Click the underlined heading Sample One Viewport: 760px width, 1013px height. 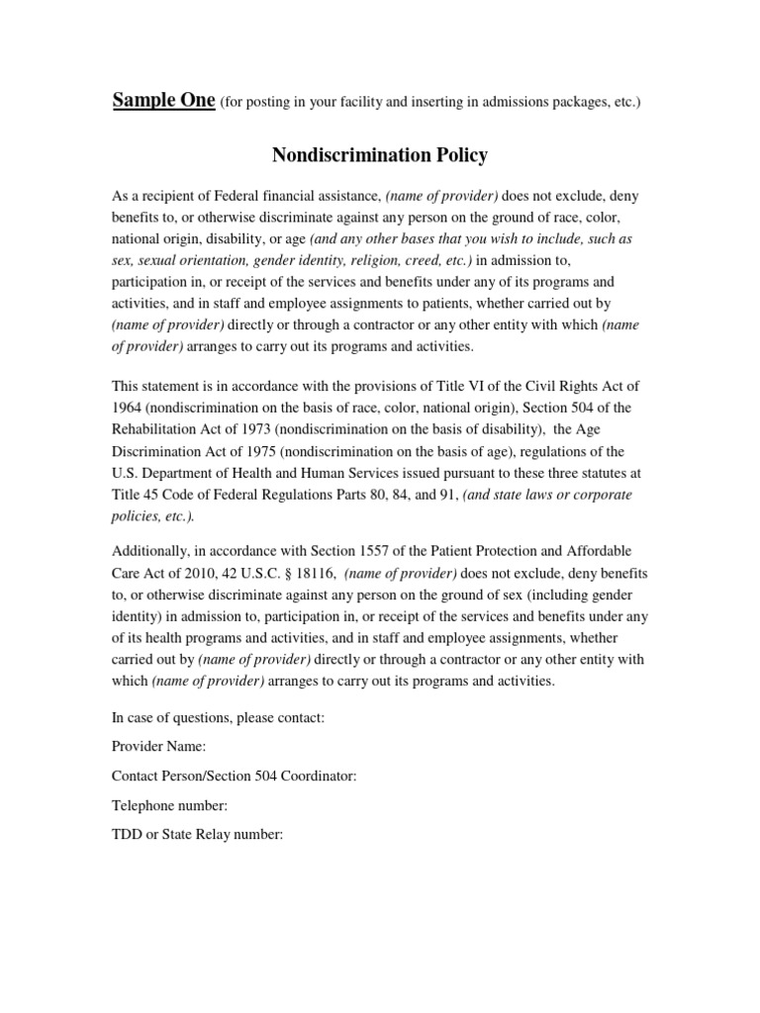(163, 100)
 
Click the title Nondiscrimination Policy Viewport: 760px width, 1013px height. (380, 155)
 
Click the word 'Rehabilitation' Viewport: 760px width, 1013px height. (157, 428)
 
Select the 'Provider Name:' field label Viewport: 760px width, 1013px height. (158, 747)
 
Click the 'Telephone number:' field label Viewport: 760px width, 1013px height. (169, 806)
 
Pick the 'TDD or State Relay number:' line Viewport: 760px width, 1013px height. (197, 835)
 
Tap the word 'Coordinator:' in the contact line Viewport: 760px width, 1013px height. (317, 777)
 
